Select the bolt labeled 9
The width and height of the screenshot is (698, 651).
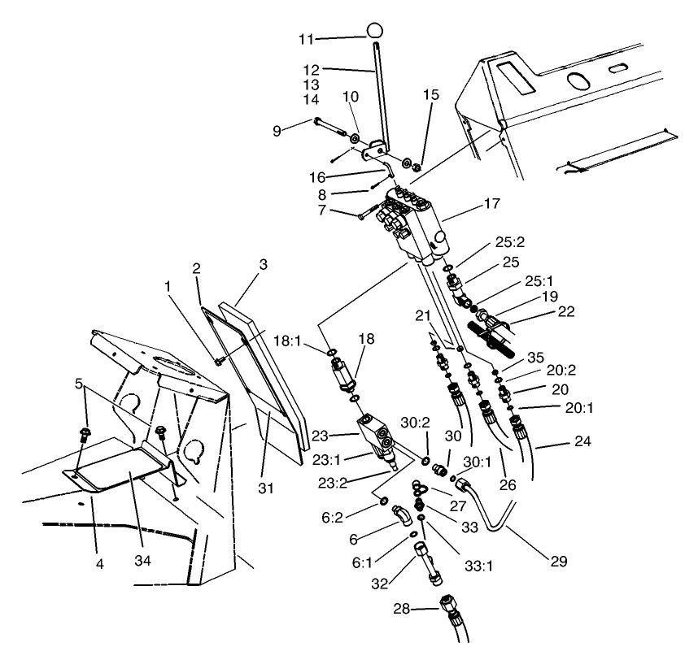tap(331, 128)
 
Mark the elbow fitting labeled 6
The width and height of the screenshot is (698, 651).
tap(401, 517)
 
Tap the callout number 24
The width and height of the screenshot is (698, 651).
tap(553, 443)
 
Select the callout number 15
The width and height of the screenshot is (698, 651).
tap(430, 94)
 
